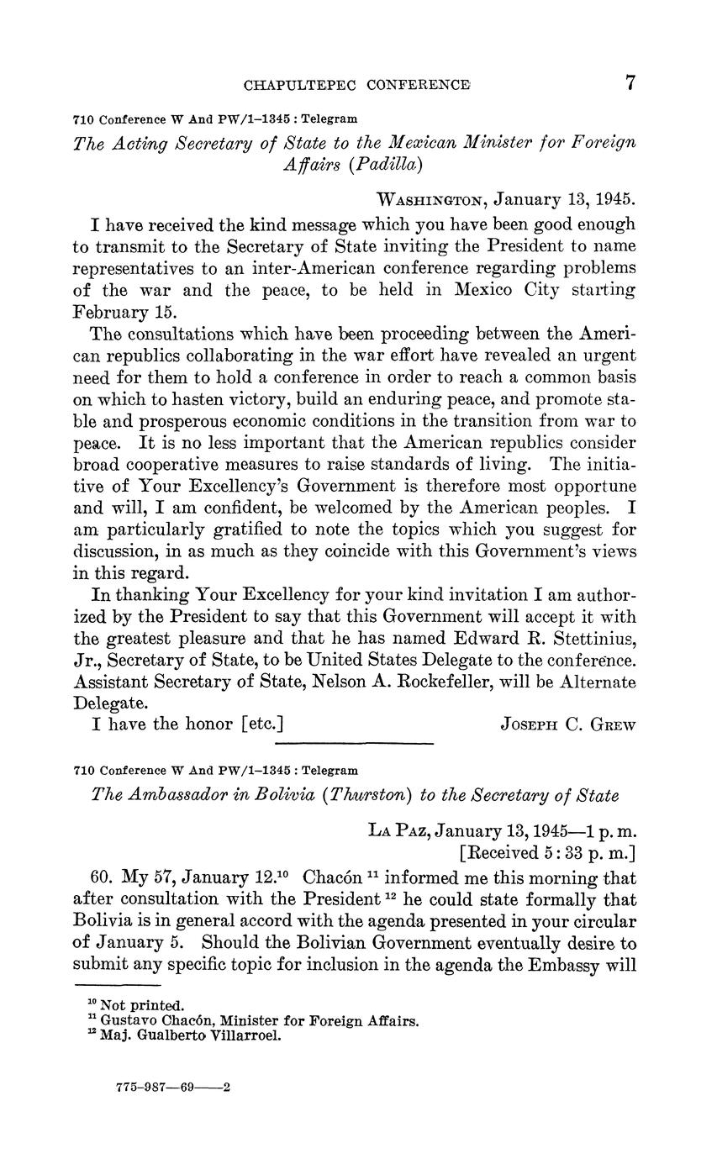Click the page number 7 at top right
click(631, 83)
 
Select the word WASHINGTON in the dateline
click(433, 200)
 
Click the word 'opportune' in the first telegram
click(590, 487)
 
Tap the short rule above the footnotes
click(117, 984)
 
